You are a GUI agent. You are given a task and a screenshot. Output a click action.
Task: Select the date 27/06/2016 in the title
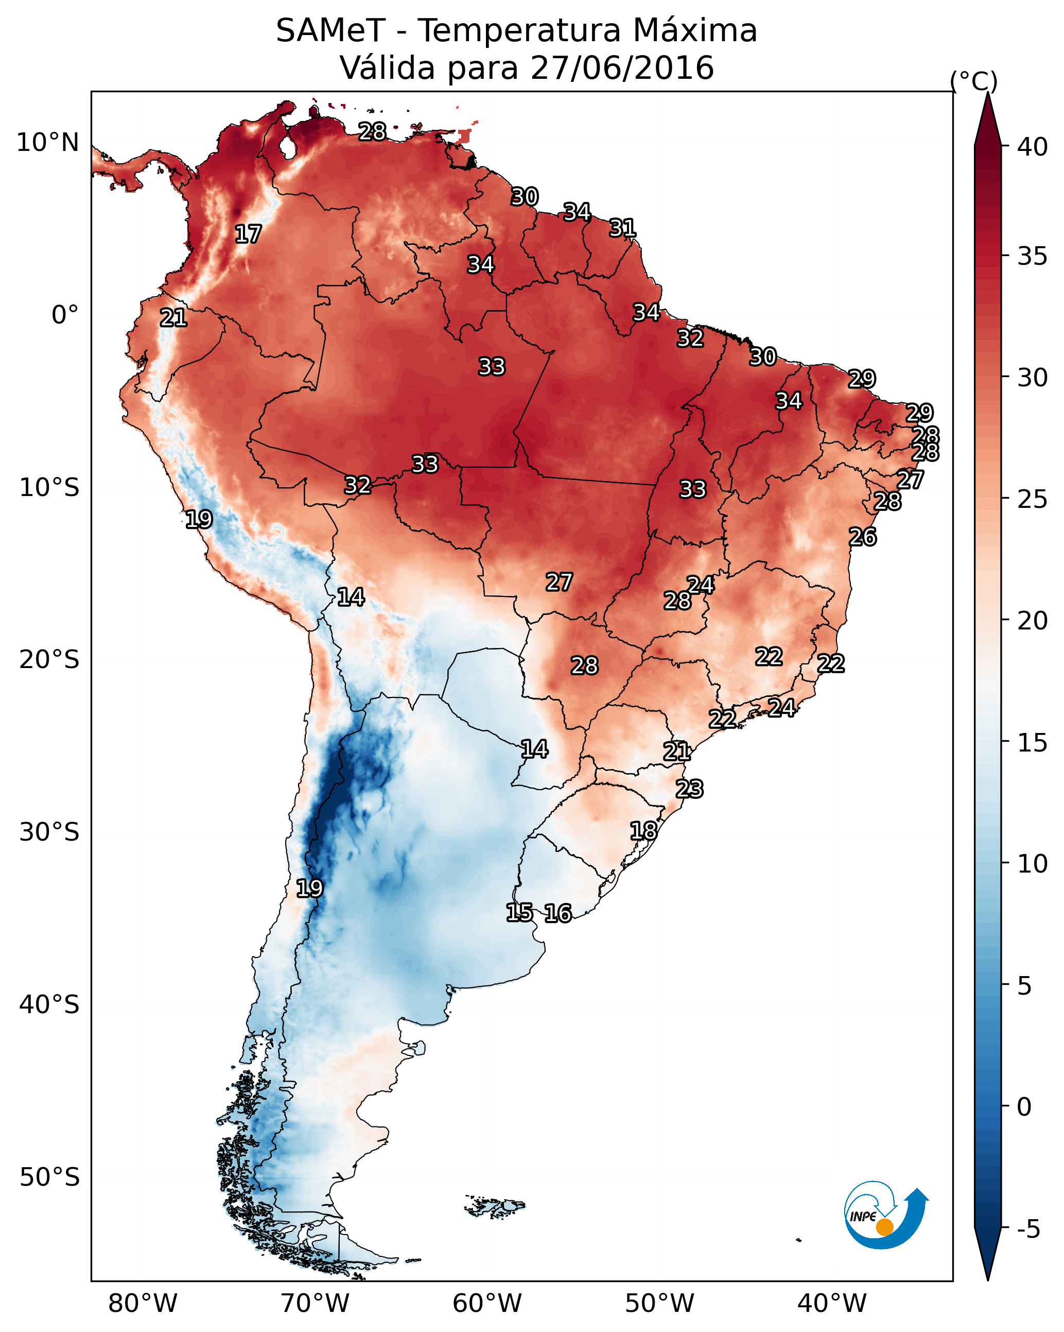621,68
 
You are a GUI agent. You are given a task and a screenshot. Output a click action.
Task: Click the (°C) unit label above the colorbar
973,81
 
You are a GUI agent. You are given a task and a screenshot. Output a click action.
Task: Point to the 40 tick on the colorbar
1033,147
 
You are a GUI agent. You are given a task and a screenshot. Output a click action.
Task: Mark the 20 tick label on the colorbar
1033,621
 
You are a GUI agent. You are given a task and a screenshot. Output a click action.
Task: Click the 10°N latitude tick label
47,143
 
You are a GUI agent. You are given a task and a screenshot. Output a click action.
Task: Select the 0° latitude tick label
65,315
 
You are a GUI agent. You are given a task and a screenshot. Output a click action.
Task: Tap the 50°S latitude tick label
49,1177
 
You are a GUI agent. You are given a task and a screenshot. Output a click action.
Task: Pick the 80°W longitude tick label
143,1304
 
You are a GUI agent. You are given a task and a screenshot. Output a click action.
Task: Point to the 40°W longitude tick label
832,1304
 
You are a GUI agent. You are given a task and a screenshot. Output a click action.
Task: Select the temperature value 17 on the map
248,234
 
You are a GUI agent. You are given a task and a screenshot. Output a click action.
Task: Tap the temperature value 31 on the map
622,228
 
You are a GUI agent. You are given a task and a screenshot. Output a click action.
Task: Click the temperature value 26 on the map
863,537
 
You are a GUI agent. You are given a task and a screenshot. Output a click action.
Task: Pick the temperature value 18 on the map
643,830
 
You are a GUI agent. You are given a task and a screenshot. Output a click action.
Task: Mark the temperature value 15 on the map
519,913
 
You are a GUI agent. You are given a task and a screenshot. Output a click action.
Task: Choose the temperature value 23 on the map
689,789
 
